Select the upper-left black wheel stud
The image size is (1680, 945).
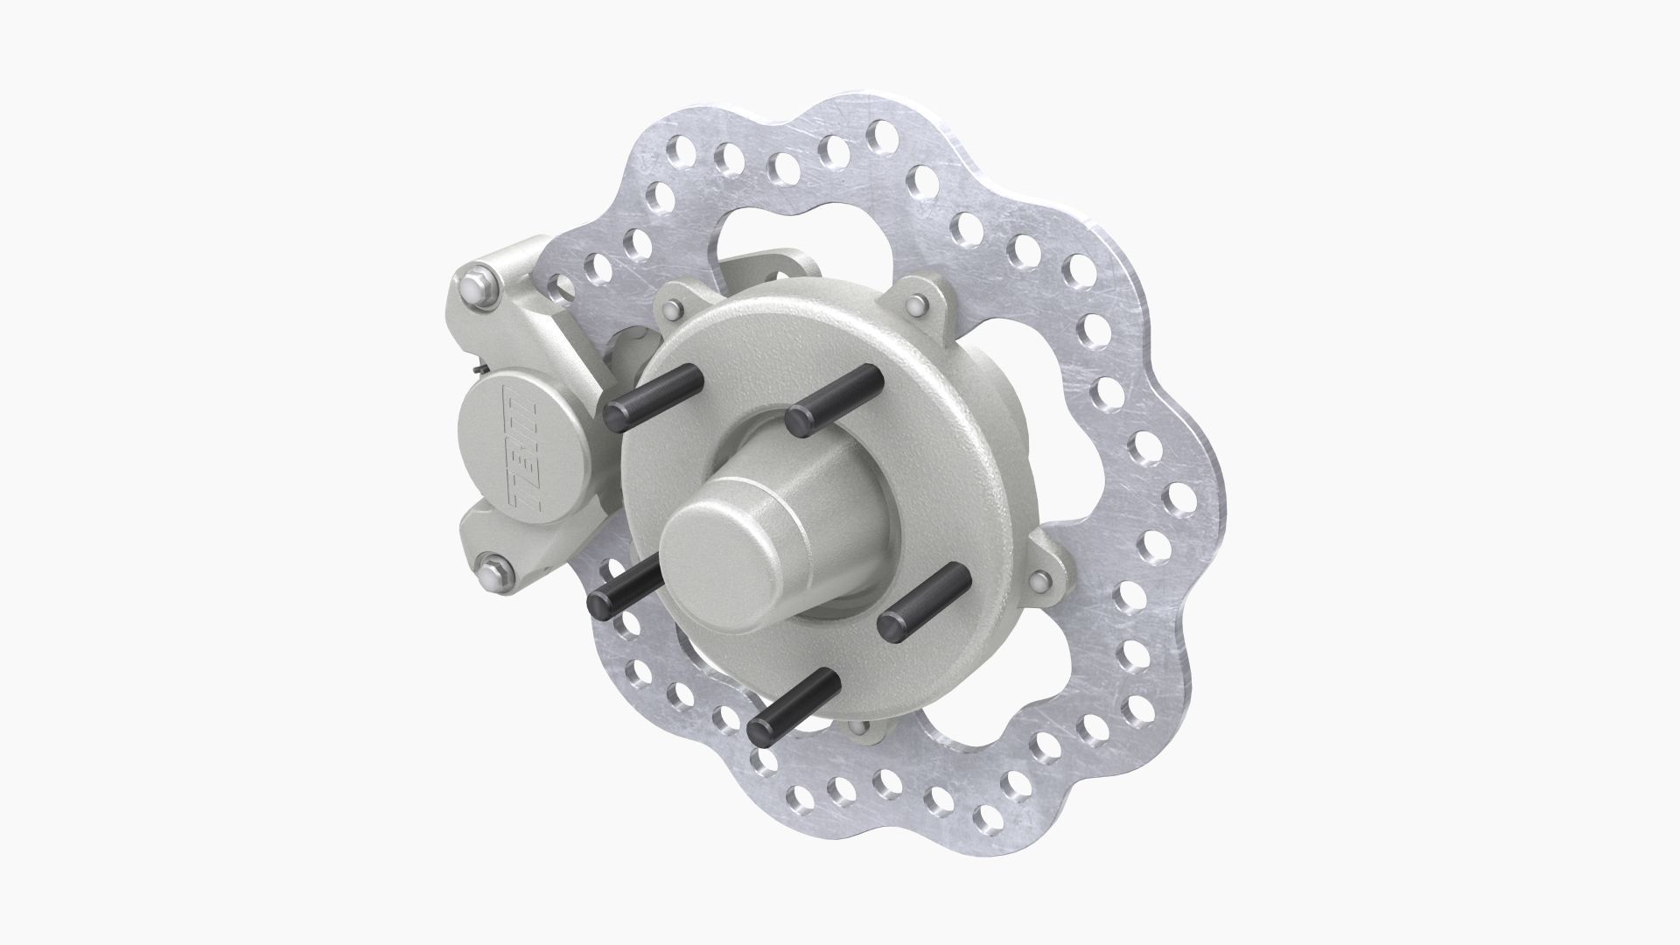[653, 395]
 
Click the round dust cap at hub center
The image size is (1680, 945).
[713, 564]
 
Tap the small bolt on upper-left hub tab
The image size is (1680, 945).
[672, 311]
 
